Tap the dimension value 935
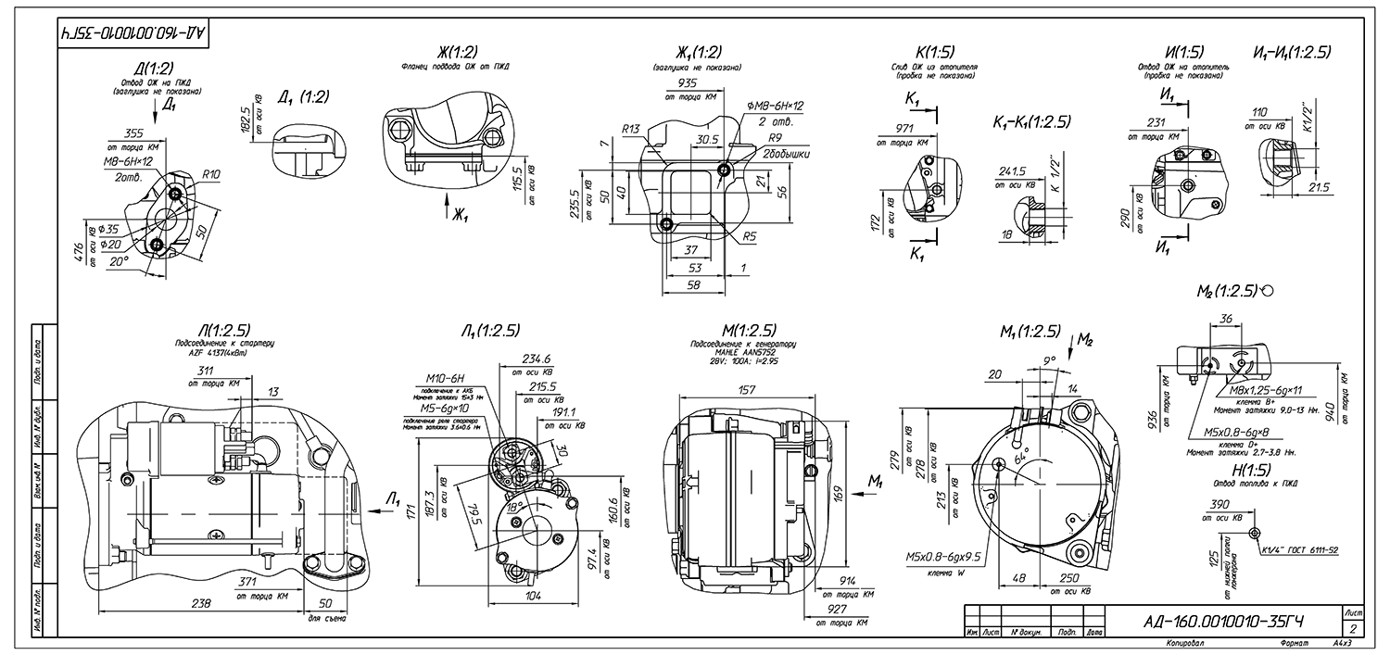point(687,82)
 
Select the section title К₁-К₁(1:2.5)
point(1031,121)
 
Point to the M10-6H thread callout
point(447,380)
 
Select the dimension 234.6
point(536,359)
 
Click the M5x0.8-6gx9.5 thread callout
point(944,558)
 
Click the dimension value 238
point(201,603)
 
